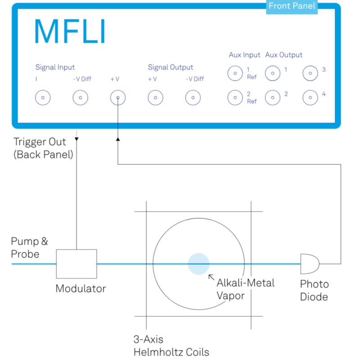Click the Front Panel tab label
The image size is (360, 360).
[292, 6]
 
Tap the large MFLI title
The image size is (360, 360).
[70, 31]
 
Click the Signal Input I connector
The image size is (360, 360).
[43, 97]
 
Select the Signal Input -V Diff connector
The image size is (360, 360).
[81, 97]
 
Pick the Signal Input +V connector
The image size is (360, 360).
[118, 97]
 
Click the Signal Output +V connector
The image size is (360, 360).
[155, 97]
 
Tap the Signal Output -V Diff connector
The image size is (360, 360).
[193, 97]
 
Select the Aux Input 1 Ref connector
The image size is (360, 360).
[235, 73]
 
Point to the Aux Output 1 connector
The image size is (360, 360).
[272, 73]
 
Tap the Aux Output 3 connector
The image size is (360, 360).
[310, 73]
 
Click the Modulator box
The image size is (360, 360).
[76, 264]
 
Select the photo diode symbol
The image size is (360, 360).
[310, 264]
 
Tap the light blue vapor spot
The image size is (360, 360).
[198, 264]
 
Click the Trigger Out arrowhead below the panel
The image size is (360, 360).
[76, 139]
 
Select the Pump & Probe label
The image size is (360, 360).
[29, 247]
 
